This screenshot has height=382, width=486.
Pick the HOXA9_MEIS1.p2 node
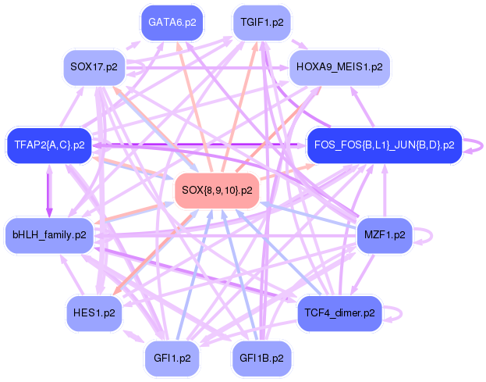pyautogui.click(x=339, y=66)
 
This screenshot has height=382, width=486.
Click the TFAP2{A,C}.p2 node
pyautogui.click(x=49, y=145)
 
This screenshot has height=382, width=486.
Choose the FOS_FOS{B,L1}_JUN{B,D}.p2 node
pyautogui.click(x=383, y=145)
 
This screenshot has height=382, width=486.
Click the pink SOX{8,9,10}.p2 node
pyautogui.click(x=217, y=190)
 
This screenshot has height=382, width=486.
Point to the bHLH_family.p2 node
pyautogui.click(x=49, y=234)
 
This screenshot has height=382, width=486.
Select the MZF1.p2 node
pyautogui.click(x=384, y=234)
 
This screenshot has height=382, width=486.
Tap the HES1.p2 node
pyautogui.click(x=94, y=312)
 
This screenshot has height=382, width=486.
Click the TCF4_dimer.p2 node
pyautogui.click(x=339, y=312)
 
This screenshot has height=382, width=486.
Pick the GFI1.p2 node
pyautogui.click(x=172, y=359)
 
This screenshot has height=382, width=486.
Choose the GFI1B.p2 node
pyautogui.click(x=262, y=359)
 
